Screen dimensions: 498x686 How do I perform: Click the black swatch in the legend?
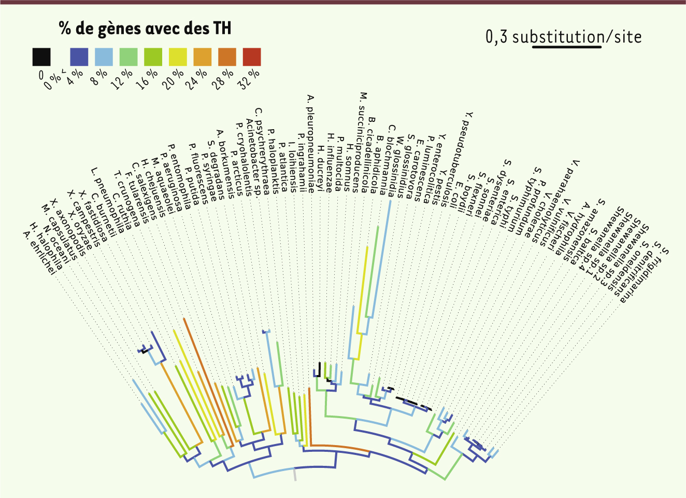pos(41,57)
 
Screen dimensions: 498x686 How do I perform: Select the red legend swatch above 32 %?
pos(252,57)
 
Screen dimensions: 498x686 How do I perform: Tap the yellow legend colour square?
pos(177,57)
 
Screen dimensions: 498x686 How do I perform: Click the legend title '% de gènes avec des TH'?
pos(145,28)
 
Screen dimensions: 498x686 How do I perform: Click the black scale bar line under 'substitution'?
pos(567,47)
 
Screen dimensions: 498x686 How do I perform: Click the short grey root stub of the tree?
pos(295,474)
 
